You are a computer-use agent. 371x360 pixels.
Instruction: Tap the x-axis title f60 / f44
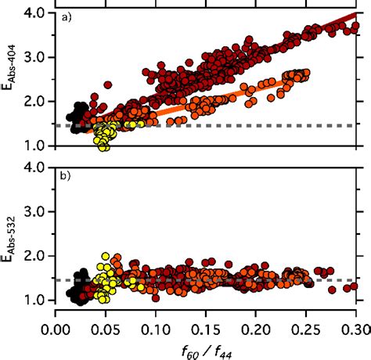coord(205,347)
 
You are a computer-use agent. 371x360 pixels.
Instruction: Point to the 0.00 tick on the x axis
coord(56,323)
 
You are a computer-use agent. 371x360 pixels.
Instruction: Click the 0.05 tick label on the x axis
coord(106,323)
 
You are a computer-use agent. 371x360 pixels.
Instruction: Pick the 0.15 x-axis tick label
coord(206,323)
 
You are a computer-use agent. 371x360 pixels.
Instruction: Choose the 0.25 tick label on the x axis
coord(306,323)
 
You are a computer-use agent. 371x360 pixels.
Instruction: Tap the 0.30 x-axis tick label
coord(355,323)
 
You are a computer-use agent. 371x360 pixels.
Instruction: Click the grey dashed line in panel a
coord(235,125)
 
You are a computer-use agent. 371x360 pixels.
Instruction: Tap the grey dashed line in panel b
coord(235,279)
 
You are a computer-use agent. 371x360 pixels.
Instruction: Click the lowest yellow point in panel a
coord(103,146)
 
